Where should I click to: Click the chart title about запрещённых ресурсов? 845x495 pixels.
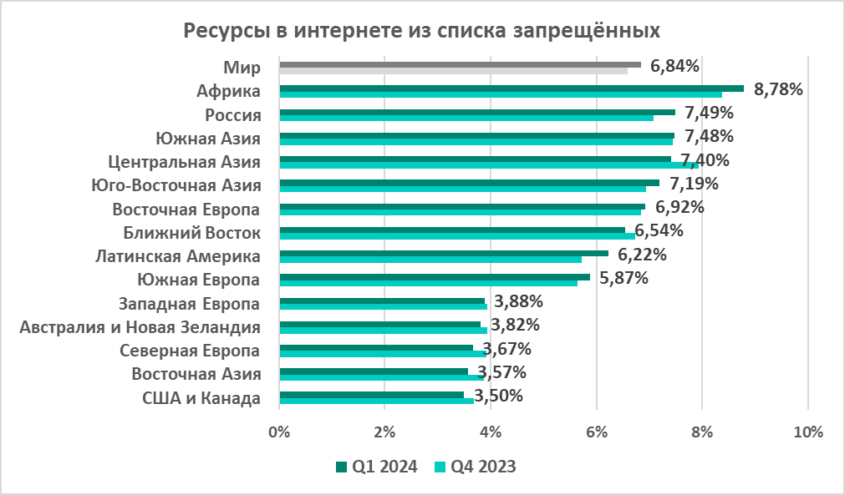pyautogui.click(x=422, y=31)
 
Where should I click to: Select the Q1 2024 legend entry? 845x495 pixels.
pyautogui.click(x=376, y=467)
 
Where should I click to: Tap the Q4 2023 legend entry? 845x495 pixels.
pyautogui.click(x=475, y=467)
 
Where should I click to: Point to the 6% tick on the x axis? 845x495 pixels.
pyautogui.click(x=596, y=432)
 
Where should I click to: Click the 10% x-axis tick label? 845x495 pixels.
pyautogui.click(x=807, y=432)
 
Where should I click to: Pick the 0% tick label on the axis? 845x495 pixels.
pyautogui.click(x=279, y=432)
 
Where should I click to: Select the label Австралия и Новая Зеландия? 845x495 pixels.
pyautogui.click(x=140, y=327)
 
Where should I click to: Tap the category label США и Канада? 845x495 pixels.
pyautogui.click(x=202, y=398)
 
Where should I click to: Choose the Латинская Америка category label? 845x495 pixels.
pyautogui.click(x=177, y=256)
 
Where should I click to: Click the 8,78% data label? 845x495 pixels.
pyautogui.click(x=778, y=88)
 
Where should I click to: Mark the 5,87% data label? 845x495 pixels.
pyautogui.click(x=624, y=278)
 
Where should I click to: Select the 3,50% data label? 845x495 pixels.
pyautogui.click(x=498, y=396)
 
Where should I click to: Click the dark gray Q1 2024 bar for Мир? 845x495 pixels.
pyautogui.click(x=460, y=64)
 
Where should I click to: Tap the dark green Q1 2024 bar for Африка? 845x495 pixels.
pyautogui.click(x=510, y=88)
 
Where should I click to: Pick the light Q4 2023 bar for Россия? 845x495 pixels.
pyautogui.click(x=466, y=118)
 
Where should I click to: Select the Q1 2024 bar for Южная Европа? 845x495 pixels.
pyautogui.click(x=435, y=276)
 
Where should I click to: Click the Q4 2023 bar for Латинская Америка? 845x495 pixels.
pyautogui.click(x=430, y=260)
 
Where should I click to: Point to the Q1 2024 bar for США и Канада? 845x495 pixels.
pyautogui.click(x=371, y=394)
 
